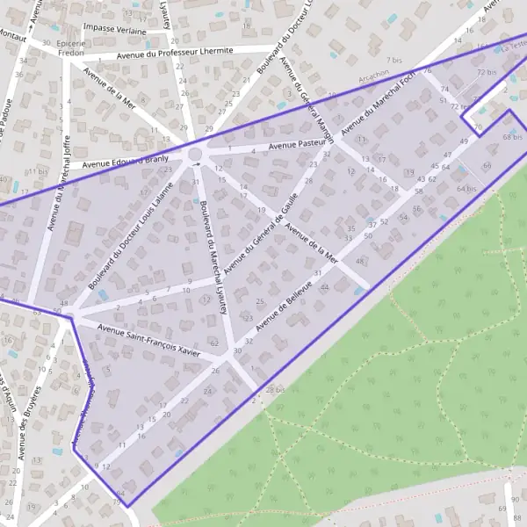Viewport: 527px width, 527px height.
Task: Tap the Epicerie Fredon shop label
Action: click(x=70, y=47)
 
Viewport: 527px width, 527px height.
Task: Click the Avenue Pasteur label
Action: click(x=298, y=143)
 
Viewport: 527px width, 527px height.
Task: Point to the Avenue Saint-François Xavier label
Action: click(x=149, y=340)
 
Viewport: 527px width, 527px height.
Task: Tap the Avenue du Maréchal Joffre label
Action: click(x=58, y=181)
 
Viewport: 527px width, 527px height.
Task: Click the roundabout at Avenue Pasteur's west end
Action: click(x=194, y=155)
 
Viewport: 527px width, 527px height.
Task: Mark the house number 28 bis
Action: click(x=275, y=389)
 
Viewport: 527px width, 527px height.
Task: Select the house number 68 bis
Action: click(x=513, y=137)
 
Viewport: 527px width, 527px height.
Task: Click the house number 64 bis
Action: click(x=466, y=188)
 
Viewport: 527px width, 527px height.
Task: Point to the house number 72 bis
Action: click(x=487, y=72)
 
